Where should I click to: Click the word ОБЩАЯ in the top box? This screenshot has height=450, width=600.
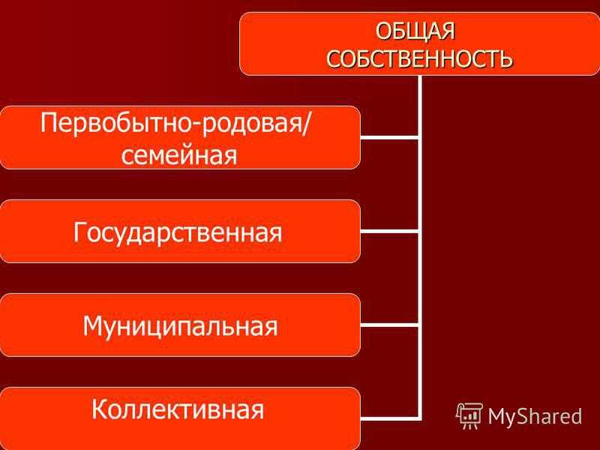click(415, 31)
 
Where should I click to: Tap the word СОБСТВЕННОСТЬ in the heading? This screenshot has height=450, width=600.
click(419, 58)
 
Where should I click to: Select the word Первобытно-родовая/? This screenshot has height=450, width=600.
click(175, 124)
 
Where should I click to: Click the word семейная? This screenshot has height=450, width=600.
click(179, 154)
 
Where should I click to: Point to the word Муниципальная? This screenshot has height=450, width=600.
click(180, 326)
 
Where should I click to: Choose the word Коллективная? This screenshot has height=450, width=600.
click(178, 409)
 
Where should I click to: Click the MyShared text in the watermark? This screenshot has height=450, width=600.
click(535, 416)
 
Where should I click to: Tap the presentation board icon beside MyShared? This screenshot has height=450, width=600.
click(469, 415)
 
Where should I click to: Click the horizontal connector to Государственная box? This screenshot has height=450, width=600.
click(389, 232)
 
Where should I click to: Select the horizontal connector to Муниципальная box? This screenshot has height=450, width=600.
click(389, 325)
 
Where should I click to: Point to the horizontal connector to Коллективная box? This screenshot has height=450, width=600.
click(389, 418)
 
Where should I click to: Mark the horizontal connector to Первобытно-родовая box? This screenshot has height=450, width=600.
click(389, 137)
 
